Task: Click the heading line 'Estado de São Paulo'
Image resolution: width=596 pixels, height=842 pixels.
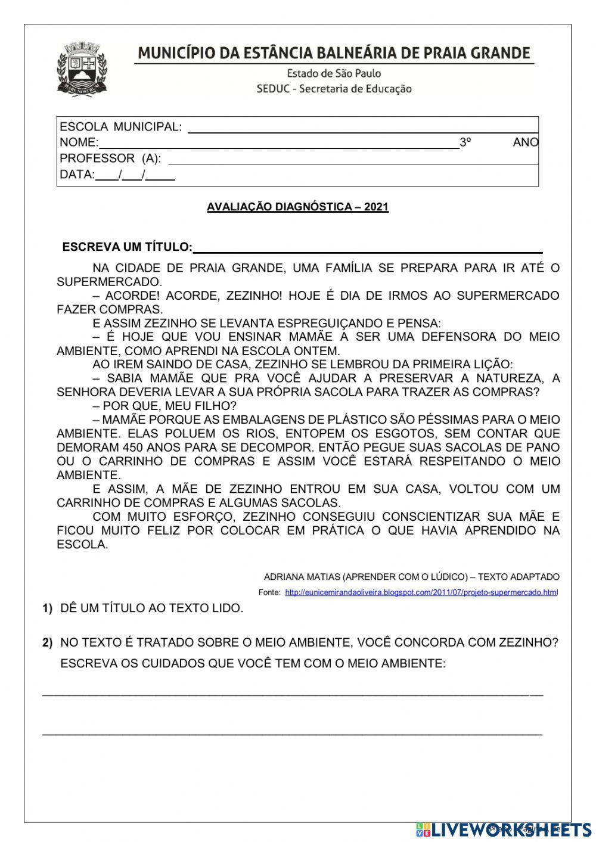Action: click(334, 73)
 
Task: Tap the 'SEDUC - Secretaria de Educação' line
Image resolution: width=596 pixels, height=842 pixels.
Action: click(334, 89)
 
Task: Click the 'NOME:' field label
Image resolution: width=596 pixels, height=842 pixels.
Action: click(79, 142)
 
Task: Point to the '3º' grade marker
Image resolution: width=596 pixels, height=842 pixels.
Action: click(465, 142)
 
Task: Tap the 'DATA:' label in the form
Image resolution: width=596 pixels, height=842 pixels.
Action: click(77, 175)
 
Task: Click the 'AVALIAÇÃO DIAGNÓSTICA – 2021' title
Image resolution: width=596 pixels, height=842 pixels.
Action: click(297, 207)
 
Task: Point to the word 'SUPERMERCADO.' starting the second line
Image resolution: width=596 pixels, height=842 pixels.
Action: click(109, 282)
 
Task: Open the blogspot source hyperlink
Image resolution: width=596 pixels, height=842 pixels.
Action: click(421, 593)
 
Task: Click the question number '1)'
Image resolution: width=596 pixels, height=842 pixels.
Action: click(48, 609)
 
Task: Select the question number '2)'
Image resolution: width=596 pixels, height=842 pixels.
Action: click(48, 644)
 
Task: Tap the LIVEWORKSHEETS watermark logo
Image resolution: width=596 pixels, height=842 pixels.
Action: click(504, 829)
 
